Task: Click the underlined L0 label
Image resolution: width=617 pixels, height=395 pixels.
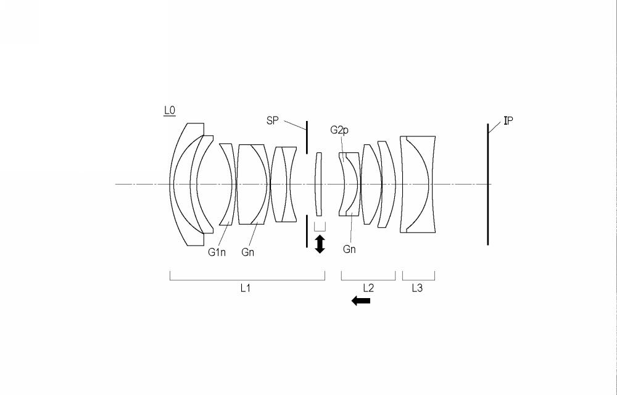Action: (170, 111)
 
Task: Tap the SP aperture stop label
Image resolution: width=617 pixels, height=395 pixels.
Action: (272, 121)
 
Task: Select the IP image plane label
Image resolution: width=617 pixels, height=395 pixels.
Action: (508, 121)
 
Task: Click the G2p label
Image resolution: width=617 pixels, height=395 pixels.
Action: (339, 130)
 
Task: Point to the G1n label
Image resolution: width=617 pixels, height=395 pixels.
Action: (217, 252)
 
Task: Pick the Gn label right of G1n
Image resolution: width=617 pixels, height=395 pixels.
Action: (248, 252)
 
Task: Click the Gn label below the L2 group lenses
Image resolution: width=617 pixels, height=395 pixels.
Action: (349, 249)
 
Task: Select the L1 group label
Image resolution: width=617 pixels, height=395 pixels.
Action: (246, 288)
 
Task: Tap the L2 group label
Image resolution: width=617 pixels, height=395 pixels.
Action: (368, 288)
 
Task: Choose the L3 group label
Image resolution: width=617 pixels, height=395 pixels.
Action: (417, 288)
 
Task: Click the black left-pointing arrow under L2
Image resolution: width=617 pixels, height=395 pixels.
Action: (361, 301)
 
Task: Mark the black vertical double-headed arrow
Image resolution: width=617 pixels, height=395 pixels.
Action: (320, 244)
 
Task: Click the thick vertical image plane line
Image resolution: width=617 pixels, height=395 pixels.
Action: (488, 185)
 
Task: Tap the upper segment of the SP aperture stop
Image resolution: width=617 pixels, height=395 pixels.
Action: (307, 137)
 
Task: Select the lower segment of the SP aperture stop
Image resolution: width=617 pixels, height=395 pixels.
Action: (307, 231)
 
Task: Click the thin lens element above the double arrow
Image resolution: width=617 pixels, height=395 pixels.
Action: (318, 184)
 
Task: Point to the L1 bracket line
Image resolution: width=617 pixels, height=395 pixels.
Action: (247, 280)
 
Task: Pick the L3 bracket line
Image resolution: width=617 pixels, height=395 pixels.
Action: (419, 280)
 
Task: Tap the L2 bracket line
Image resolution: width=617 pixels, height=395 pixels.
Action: (368, 280)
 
